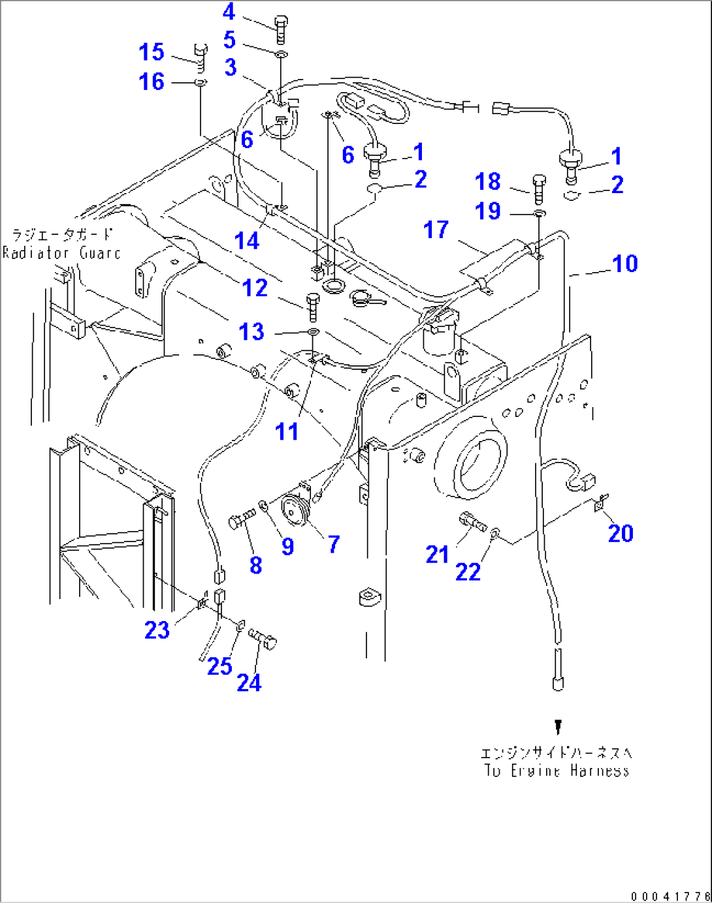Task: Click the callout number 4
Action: pos(229,12)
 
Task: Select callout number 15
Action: pos(152,52)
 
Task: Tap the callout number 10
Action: pos(624,264)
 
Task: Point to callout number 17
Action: pos(436,230)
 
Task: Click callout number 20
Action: pos(621,534)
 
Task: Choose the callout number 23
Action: pos(157,630)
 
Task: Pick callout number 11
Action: pos(287,431)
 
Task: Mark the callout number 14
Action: pos(247,241)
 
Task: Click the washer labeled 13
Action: pos(314,333)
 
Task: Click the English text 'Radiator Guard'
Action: pos(62,253)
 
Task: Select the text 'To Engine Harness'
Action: pos(557,771)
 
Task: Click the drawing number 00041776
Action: pos(670,896)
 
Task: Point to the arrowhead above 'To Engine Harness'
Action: pos(558,726)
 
